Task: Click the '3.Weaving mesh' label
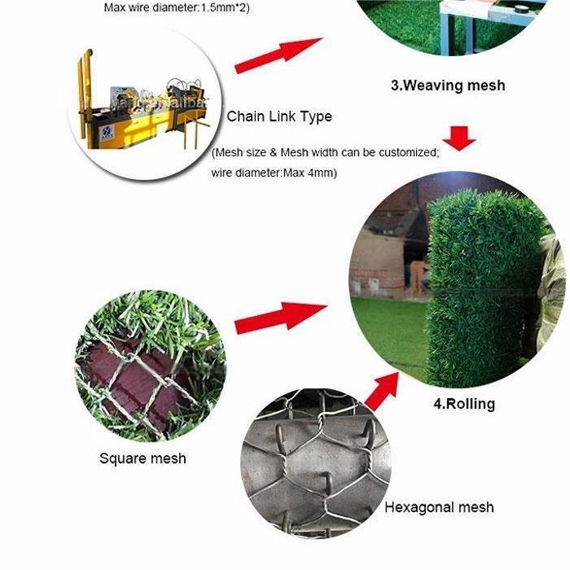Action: coord(448,85)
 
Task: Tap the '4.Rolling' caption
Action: coord(464,404)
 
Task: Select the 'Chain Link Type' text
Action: coord(279,116)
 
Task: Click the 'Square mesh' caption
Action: coord(142,458)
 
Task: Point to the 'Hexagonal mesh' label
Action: coord(439,507)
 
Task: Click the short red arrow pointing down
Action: coord(459,138)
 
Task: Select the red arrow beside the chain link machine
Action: coord(278,55)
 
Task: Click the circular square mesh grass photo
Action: coord(150,366)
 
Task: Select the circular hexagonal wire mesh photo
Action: coord(316,463)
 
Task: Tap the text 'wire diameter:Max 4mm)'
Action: coord(274,173)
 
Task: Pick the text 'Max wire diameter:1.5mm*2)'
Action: coord(177,7)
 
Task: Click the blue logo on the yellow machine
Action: coord(107,131)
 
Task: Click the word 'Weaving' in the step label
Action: coord(432,85)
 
